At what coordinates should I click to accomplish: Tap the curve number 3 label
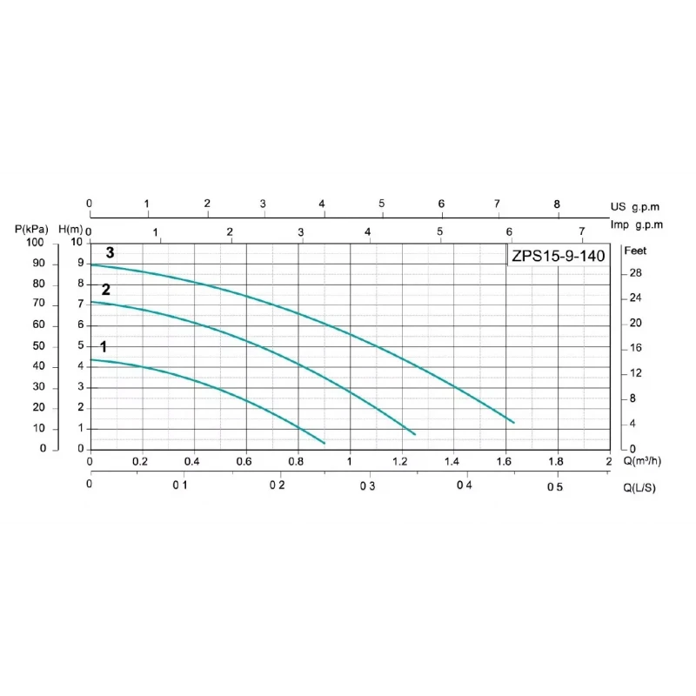[110, 252]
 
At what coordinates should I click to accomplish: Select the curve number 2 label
[106, 290]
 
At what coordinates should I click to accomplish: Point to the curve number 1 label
[104, 347]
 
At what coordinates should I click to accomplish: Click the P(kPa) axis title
[32, 229]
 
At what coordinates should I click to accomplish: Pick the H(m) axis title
[71, 229]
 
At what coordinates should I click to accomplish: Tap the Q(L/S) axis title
[639, 487]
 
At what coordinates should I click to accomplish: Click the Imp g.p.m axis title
[636, 224]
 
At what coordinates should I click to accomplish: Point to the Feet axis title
[636, 251]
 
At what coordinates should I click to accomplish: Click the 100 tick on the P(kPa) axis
[35, 243]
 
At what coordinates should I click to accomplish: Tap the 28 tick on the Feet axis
[635, 273]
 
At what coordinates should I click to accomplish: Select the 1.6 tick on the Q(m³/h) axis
[504, 461]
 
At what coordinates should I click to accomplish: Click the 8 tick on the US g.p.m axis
[557, 204]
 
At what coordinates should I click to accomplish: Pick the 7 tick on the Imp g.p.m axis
[582, 231]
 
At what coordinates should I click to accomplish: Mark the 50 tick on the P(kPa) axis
[38, 345]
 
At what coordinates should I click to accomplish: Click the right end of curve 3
[514, 423]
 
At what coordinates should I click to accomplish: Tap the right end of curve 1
[325, 443]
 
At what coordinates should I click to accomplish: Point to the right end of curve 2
[415, 433]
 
